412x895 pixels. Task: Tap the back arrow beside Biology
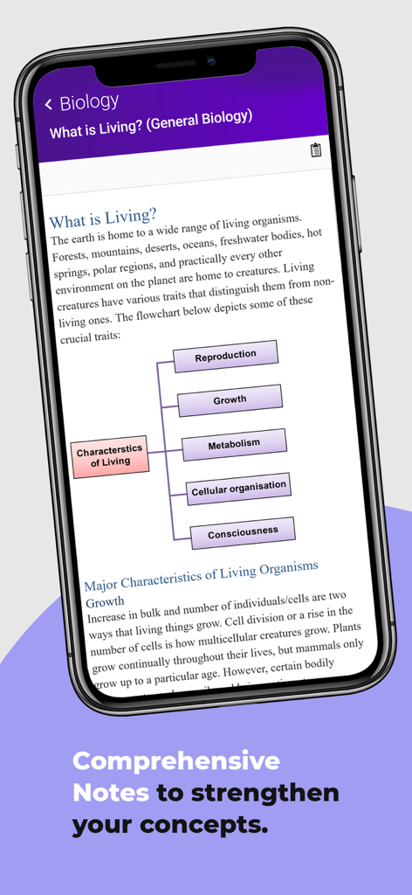pos(48,106)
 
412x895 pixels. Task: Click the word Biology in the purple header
pos(89,102)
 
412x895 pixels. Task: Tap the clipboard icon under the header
pos(316,149)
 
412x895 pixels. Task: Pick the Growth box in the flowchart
pos(230,399)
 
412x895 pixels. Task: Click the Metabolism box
pos(234,444)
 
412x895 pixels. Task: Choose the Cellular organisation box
pos(238,488)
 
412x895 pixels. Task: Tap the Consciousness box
pos(243,531)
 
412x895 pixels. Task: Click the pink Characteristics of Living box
pos(109,456)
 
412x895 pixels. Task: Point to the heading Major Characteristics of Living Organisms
pos(201,573)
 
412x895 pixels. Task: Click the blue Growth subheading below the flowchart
pos(105,601)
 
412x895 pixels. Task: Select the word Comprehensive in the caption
pos(175,760)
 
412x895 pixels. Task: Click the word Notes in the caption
pos(111,793)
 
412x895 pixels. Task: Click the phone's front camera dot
pos(211,60)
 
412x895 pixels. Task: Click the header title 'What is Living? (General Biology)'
pos(151,124)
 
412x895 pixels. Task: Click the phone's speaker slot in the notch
pos(175,65)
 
